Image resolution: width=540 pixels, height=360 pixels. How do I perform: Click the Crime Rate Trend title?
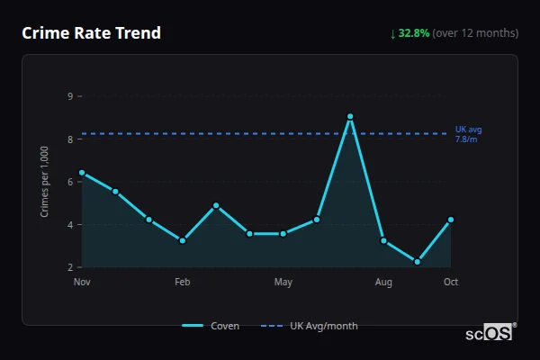coord(92,33)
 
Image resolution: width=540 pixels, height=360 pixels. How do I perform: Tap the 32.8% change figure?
coord(414,33)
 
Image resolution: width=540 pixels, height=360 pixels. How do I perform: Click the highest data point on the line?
coord(350,116)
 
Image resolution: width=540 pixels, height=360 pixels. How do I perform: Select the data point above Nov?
coord(82,172)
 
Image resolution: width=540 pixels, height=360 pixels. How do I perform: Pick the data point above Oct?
coord(451,220)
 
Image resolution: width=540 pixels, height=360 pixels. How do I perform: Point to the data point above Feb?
coord(183,240)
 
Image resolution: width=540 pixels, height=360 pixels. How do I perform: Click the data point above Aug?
coord(383,240)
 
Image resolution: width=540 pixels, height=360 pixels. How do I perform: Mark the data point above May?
coord(283,234)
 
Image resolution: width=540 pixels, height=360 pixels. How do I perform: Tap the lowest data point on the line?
coord(418,262)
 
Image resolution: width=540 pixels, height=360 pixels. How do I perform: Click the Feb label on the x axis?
coord(183,283)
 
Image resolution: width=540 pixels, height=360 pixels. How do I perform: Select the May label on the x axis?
coord(283,283)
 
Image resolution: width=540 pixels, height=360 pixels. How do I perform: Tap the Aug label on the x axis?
coord(383,283)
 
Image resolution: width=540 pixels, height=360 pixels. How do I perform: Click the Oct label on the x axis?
coord(451,283)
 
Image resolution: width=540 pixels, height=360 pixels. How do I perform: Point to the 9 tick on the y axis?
coord(69,95)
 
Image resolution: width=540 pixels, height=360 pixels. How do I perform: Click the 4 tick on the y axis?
coord(69,224)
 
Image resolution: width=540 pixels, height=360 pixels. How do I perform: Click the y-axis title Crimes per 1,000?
coord(45,181)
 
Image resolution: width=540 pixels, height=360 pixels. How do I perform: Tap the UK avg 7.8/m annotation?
coord(468,134)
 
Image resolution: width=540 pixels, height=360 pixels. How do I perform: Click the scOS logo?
coord(490,332)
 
